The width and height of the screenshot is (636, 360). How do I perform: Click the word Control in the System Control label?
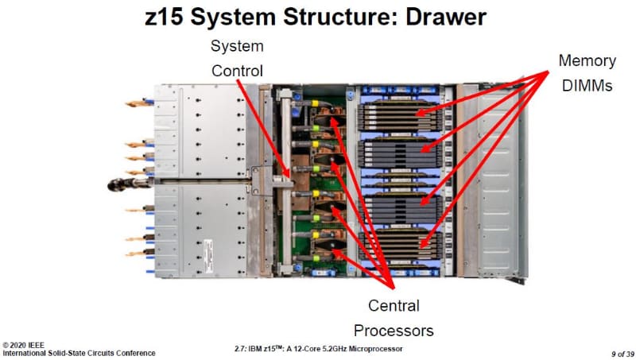[237, 72]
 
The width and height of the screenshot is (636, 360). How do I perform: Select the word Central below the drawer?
[394, 305]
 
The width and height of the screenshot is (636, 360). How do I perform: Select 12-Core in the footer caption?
[315, 349]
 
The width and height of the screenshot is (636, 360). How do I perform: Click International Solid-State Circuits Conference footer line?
[79, 352]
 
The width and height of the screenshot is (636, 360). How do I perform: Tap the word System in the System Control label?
[237, 45]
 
